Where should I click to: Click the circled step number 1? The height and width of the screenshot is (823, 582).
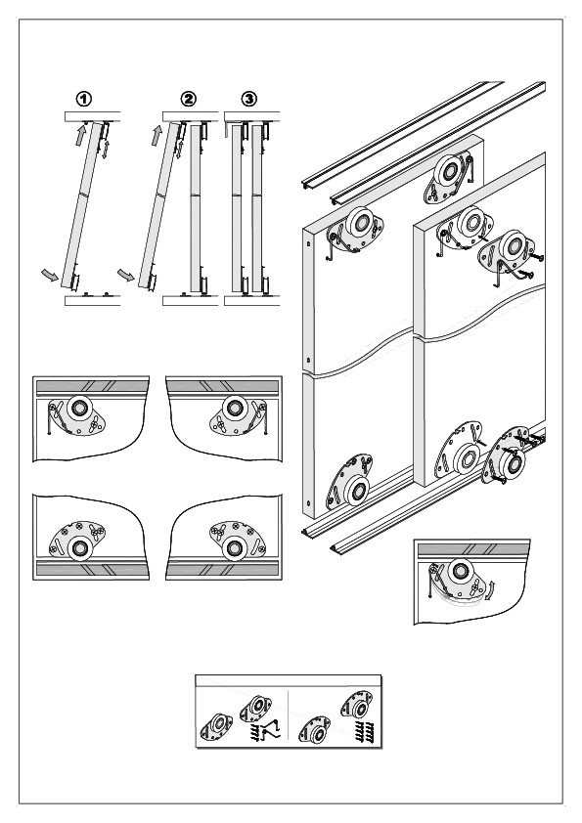click(84, 99)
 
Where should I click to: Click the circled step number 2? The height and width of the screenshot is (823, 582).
click(188, 99)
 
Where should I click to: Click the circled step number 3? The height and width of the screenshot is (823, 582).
click(249, 99)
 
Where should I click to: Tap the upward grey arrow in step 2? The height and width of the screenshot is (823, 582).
click(157, 136)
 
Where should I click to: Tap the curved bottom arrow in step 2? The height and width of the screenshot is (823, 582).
click(126, 275)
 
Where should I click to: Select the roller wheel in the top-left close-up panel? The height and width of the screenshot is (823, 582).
click(79, 408)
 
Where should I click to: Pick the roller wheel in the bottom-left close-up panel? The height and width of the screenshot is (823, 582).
click(80, 548)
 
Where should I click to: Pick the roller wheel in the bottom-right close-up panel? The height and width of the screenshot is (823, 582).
click(234, 548)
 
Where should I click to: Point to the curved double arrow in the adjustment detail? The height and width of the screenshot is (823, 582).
click(490, 590)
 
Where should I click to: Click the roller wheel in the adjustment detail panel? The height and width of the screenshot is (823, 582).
click(461, 570)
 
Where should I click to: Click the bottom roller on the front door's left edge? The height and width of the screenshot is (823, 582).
click(358, 491)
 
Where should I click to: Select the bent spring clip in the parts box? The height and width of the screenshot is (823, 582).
click(272, 730)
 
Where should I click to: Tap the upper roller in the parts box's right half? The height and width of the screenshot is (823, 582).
click(357, 706)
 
